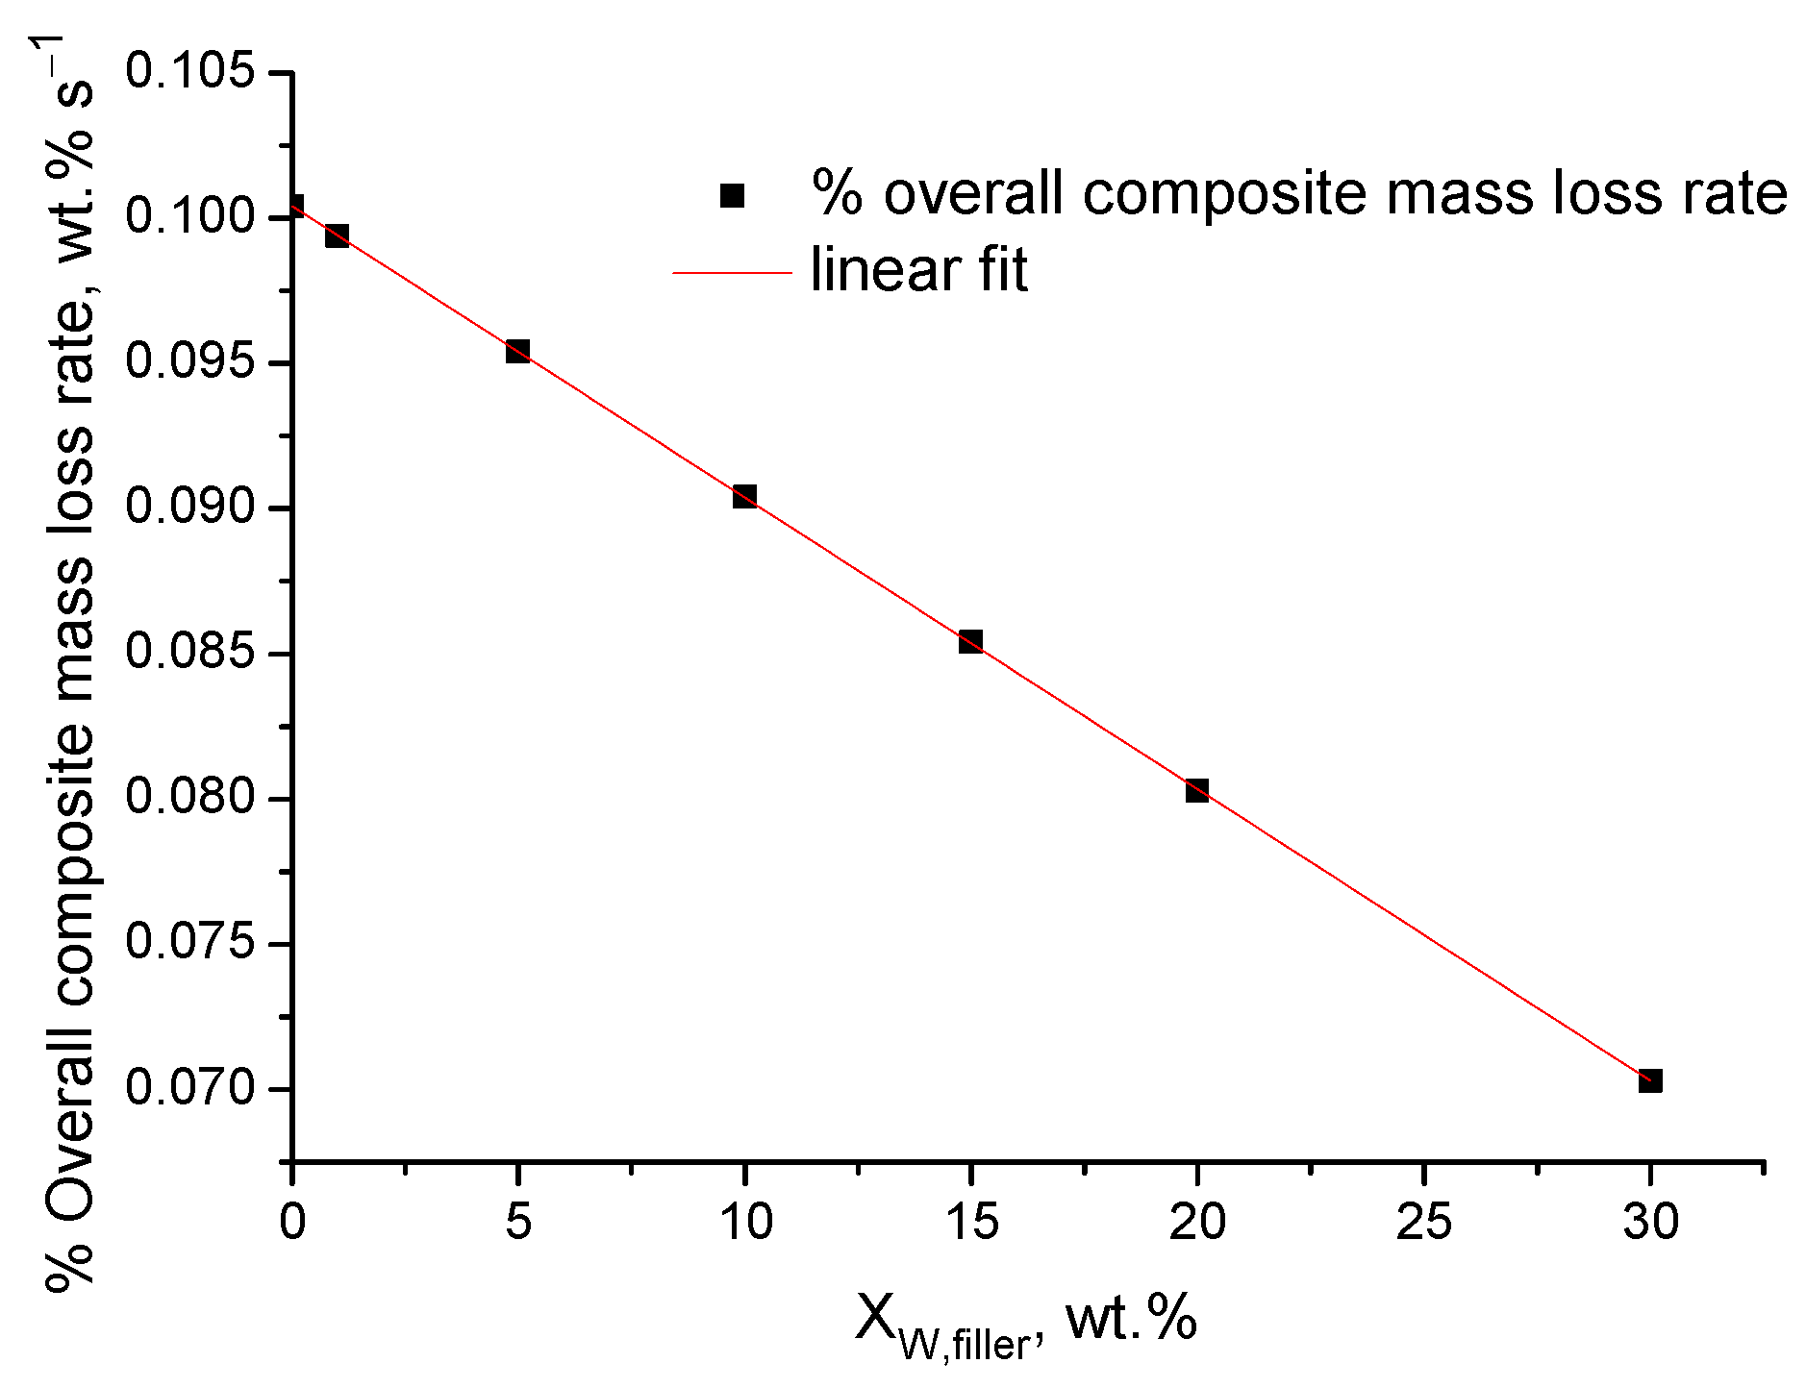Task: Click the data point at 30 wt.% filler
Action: (1649, 1080)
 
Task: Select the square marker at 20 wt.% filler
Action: (1196, 790)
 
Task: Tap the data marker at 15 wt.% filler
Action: (970, 641)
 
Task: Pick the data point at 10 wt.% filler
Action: (743, 496)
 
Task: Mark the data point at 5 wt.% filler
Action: (517, 350)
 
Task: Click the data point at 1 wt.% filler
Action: (337, 235)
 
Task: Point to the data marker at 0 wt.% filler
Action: (294, 206)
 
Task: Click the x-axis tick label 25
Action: (1423, 1222)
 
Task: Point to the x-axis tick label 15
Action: (971, 1222)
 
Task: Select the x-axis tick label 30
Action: (1650, 1222)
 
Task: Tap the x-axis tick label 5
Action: (518, 1222)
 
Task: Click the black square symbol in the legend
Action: (732, 195)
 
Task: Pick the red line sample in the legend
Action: (731, 273)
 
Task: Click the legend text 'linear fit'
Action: (918, 271)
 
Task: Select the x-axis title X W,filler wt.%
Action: (1025, 1322)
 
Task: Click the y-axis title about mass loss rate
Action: (69, 663)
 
